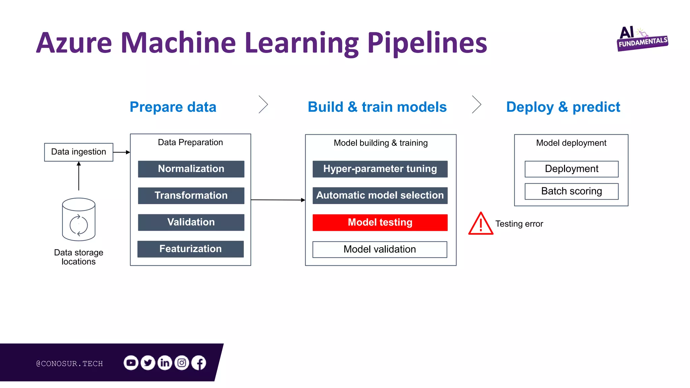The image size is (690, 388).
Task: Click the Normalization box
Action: coord(191,169)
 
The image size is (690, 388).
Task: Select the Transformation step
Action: coord(191,195)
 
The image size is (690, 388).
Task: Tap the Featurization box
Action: coord(190,249)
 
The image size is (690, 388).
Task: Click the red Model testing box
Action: coord(380,222)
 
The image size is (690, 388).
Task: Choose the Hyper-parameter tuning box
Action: coord(380,169)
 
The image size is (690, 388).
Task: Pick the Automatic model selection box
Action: coord(380,195)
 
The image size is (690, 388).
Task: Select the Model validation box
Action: coord(380,249)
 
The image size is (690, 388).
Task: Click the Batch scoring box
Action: coord(571,191)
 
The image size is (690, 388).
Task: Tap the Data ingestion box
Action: coord(79,152)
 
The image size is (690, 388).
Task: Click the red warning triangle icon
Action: coord(481,224)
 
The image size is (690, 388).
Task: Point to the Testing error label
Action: coord(519,224)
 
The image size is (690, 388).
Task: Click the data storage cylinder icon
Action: coord(79,219)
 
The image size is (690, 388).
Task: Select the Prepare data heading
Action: coord(173,107)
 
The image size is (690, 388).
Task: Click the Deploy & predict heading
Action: coord(563,107)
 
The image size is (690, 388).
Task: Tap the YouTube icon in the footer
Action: coord(131,363)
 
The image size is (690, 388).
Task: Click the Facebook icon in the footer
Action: coord(199,363)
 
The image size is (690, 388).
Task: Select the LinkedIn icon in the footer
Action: coord(165,363)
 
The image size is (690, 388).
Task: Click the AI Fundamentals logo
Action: coord(642,39)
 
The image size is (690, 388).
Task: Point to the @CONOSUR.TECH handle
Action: coord(69,363)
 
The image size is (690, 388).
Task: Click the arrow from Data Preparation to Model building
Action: coord(278,200)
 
